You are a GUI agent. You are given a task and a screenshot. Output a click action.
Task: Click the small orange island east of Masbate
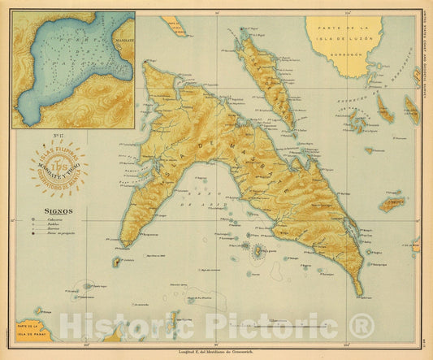point(393,203)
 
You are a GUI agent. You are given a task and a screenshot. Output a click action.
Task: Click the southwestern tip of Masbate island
point(124,245)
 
